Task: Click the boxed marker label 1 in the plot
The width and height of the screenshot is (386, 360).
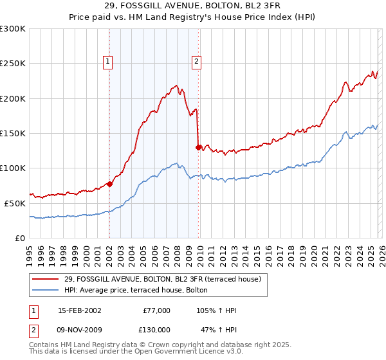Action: (108, 62)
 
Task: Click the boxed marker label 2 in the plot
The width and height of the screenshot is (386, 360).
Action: (196, 62)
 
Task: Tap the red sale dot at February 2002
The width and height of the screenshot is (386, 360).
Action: (109, 184)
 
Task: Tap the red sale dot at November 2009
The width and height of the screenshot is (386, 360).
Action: (198, 147)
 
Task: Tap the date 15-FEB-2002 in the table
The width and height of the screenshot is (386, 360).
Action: (79, 310)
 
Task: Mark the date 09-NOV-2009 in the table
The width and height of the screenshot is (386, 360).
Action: (79, 329)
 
